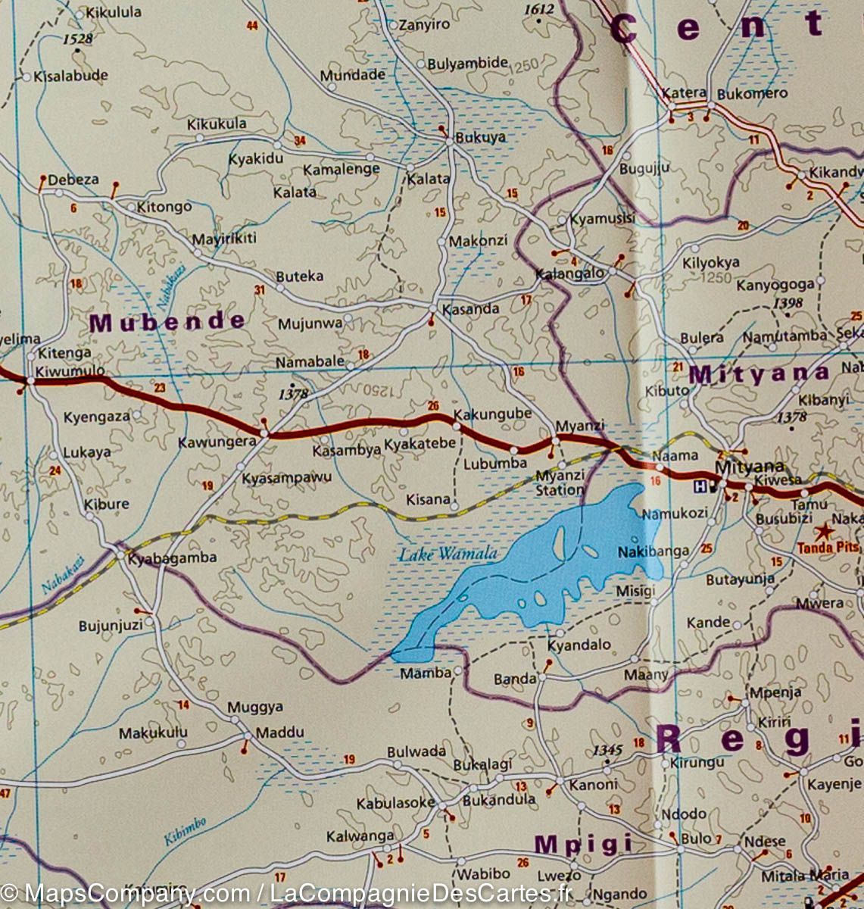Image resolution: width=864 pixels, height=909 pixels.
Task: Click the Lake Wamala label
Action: [448, 554]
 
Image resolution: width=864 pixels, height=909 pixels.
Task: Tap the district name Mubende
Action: [167, 322]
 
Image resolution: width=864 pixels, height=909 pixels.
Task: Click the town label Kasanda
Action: [470, 308]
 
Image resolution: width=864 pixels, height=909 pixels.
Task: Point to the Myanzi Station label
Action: [560, 483]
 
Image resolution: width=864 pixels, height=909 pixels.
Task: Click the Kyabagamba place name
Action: [172, 558]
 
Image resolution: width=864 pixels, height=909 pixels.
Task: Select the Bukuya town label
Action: [480, 138]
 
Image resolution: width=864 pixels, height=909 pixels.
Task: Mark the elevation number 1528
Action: [78, 39]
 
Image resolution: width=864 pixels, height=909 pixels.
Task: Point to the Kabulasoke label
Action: [396, 803]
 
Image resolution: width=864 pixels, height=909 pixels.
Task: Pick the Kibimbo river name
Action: [186, 831]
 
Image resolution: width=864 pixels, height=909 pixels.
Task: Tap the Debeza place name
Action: [73, 180]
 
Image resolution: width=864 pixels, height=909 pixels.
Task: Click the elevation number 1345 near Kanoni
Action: [607, 750]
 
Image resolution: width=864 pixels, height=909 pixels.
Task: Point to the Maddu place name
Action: [279, 733]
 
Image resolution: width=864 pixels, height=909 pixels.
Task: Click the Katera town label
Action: [684, 93]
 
